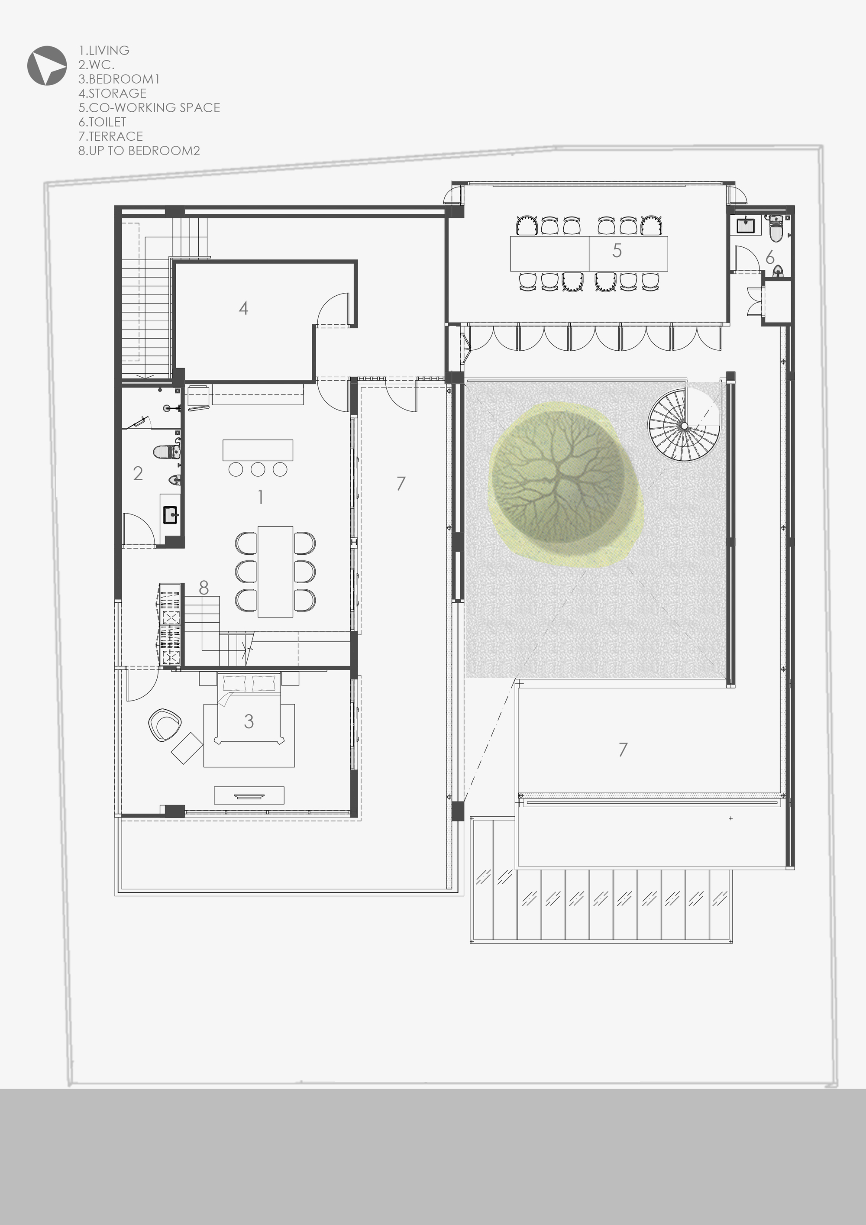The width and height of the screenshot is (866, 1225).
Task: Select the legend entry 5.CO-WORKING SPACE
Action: click(149, 108)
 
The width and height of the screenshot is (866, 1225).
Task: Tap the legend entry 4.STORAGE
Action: click(113, 94)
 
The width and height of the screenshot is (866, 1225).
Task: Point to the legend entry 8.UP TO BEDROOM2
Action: click(139, 151)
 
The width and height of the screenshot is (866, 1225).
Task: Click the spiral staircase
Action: click(684, 425)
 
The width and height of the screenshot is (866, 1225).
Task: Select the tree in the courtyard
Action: click(564, 485)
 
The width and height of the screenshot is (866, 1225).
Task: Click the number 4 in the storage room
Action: click(243, 308)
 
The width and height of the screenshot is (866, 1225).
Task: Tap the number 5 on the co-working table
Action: click(617, 251)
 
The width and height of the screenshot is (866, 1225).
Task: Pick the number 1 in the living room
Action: click(260, 497)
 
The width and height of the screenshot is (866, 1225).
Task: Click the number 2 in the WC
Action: click(138, 473)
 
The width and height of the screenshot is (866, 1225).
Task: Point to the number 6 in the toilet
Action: click(769, 258)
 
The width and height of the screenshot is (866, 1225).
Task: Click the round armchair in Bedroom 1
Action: click(165, 724)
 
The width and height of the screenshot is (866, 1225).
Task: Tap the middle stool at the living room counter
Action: click(258, 469)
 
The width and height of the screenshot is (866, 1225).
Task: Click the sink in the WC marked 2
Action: click(171, 515)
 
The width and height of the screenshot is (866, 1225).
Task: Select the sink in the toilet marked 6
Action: click(746, 225)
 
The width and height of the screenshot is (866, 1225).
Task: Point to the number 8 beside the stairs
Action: click(204, 588)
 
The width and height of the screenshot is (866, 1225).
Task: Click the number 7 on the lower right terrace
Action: click(623, 750)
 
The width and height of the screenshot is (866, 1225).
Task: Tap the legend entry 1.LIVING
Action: click(104, 51)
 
